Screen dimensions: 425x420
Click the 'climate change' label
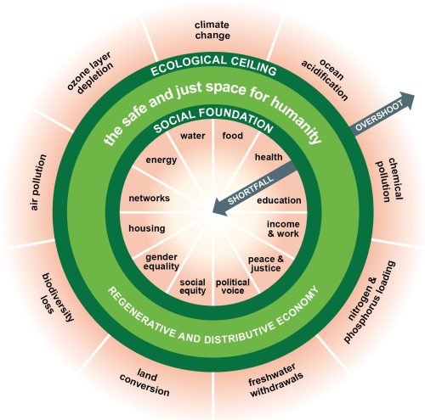tap(212, 31)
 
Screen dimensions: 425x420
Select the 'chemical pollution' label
tap(389, 180)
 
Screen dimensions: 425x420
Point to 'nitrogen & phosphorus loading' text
tap(369, 302)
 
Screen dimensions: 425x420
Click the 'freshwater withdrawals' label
tap(276, 380)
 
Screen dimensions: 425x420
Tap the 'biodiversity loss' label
tap(57, 296)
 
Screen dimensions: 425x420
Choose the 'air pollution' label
tap(38, 182)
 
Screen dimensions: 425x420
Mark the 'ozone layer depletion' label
tap(90, 73)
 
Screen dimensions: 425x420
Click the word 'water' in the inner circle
tap(193, 136)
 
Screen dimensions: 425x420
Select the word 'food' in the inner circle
tap(233, 136)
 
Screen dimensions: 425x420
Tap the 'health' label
tap(269, 157)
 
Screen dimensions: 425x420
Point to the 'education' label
tap(279, 200)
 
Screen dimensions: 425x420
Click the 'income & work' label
tap(283, 229)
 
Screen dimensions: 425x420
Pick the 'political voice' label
tap(233, 286)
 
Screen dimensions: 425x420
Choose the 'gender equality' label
tap(161, 261)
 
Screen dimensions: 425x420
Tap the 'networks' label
tap(150, 198)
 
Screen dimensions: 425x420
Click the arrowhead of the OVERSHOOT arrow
tap(407, 100)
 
